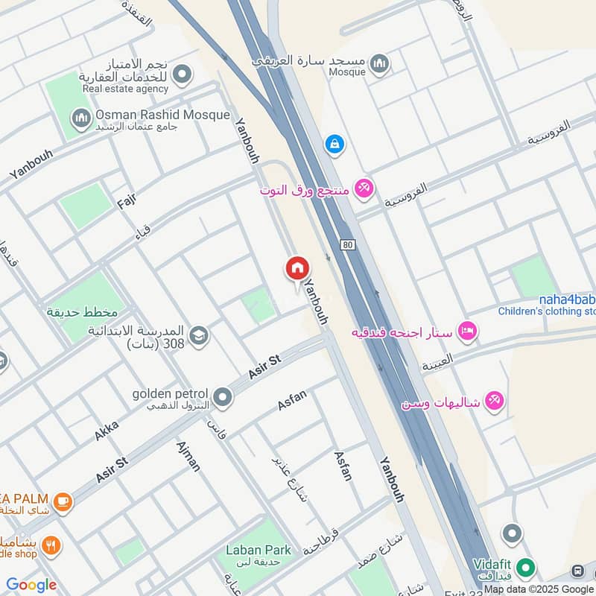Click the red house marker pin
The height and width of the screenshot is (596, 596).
pyautogui.click(x=297, y=269)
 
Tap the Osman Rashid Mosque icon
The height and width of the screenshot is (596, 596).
pyautogui.click(x=80, y=118)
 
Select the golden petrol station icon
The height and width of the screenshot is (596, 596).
pyautogui.click(x=222, y=395)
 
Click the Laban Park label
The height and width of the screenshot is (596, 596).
pyautogui.click(x=259, y=550)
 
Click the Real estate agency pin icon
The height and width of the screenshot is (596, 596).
pyautogui.click(x=182, y=74)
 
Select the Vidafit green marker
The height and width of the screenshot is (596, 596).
pyautogui.click(x=526, y=568)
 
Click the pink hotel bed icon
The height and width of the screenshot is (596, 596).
pyautogui.click(x=467, y=330)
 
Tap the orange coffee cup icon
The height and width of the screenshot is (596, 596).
pyautogui.click(x=62, y=501)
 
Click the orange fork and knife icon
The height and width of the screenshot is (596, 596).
pyautogui.click(x=51, y=545)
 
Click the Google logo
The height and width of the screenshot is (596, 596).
pyautogui.click(x=31, y=585)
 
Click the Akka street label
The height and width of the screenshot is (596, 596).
pyautogui.click(x=107, y=430)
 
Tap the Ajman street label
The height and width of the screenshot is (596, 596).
pyautogui.click(x=188, y=456)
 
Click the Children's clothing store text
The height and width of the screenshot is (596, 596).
pyautogui.click(x=547, y=311)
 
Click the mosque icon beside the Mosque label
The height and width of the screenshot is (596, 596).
pyautogui.click(x=380, y=64)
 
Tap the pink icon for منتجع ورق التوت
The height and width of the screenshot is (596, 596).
pyautogui.click(x=364, y=188)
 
